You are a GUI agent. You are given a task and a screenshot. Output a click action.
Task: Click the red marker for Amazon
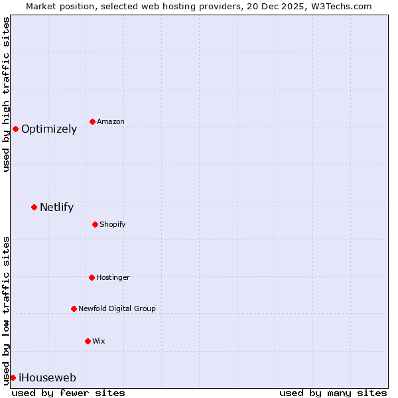click(x=92, y=121)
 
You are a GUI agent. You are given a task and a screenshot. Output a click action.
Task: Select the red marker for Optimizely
click(x=15, y=129)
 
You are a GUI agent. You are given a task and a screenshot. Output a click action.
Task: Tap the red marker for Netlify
click(x=34, y=207)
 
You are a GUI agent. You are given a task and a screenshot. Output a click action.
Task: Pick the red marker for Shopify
click(x=95, y=224)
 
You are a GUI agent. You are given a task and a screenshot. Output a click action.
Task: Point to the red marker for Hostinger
click(x=92, y=277)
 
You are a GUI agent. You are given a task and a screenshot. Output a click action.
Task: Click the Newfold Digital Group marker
click(x=74, y=308)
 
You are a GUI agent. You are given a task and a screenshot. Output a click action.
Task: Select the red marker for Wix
click(x=88, y=341)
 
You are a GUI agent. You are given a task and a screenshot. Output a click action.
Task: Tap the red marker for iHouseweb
click(x=13, y=377)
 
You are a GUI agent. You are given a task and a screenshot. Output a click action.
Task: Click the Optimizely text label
click(x=49, y=129)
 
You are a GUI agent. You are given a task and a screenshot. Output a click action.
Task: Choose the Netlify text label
click(x=56, y=208)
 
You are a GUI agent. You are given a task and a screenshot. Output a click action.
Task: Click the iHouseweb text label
click(x=47, y=378)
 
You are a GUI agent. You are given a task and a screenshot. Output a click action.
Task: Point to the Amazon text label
click(x=111, y=122)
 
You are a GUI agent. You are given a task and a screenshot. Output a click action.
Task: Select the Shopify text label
click(x=113, y=225)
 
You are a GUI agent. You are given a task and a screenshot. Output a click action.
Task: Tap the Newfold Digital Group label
click(x=117, y=309)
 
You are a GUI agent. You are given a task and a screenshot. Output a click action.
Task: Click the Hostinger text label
click(x=113, y=278)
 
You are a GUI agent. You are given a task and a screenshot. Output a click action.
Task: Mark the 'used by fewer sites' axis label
click(x=68, y=393)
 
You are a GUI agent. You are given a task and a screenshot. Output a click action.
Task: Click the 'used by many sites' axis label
click(x=333, y=393)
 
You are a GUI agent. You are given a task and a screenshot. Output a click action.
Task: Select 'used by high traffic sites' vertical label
click(x=6, y=94)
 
